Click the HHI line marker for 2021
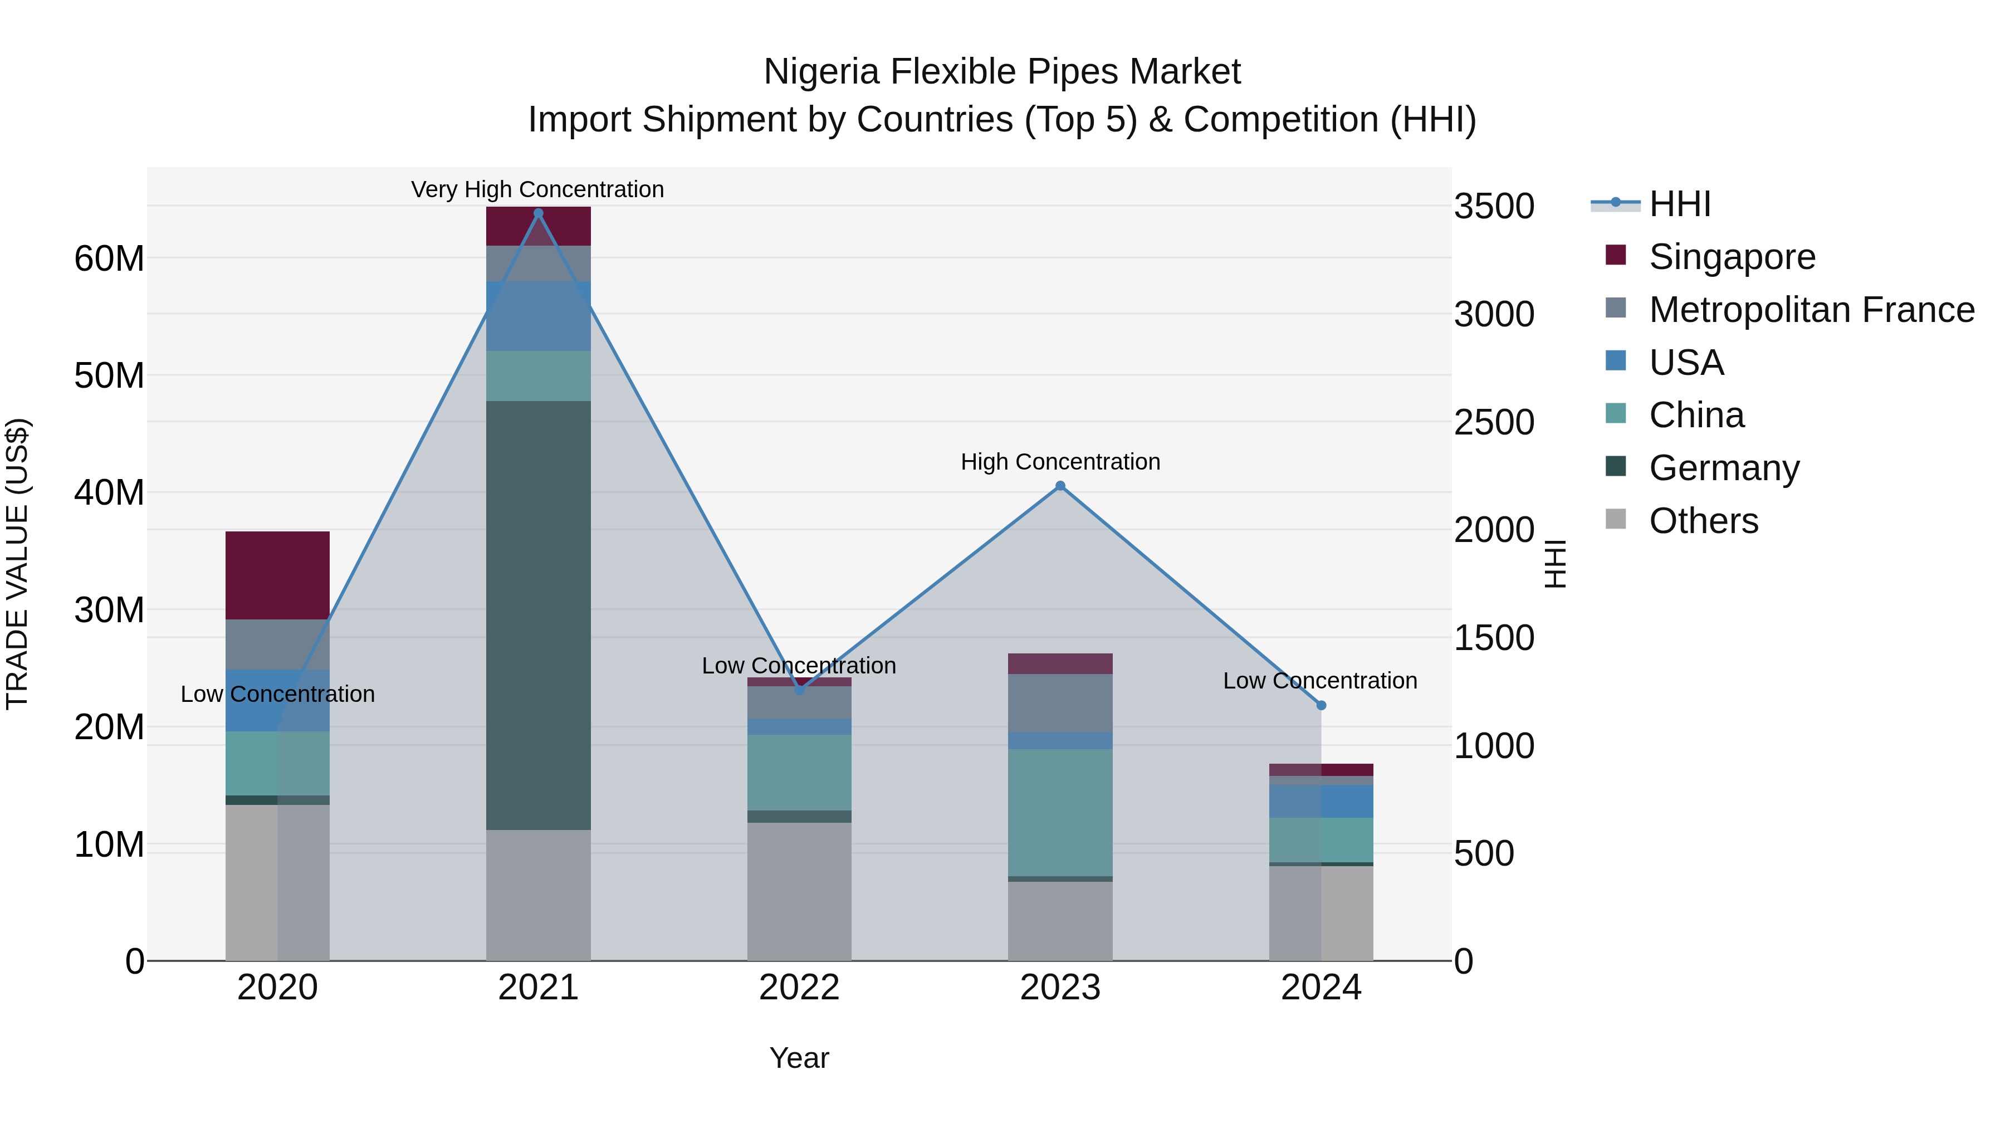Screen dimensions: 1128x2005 pyautogui.click(x=538, y=213)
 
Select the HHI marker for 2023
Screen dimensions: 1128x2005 pyautogui.click(x=1060, y=486)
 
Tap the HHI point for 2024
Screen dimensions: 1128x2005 pyautogui.click(x=1321, y=705)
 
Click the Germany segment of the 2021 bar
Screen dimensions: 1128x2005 pyautogui.click(x=538, y=615)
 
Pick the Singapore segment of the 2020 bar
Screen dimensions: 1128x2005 pyautogui.click(x=277, y=575)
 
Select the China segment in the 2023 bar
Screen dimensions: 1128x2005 pyautogui.click(x=1060, y=812)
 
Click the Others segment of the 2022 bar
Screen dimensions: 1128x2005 pyautogui.click(x=799, y=891)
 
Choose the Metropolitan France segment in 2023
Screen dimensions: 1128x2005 pyautogui.click(x=1060, y=702)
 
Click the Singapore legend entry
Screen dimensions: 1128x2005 pyautogui.click(x=1731, y=257)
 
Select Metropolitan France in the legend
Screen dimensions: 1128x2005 pyautogui.click(x=1811, y=310)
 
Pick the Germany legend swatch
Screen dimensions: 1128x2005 pyautogui.click(x=1616, y=466)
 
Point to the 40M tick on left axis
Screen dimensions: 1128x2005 pyautogui.click(x=109, y=493)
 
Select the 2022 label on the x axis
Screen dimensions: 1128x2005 pyautogui.click(x=799, y=988)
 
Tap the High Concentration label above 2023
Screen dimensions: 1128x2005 pyautogui.click(x=1060, y=462)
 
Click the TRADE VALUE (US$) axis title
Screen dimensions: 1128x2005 pyautogui.click(x=17, y=564)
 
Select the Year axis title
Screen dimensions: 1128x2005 pyautogui.click(x=799, y=1058)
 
